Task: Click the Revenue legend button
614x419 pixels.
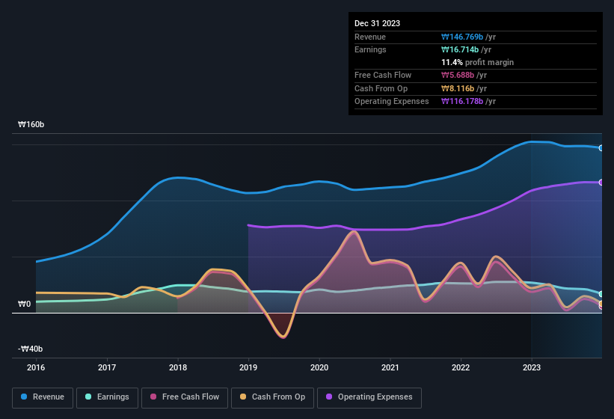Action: pos(43,397)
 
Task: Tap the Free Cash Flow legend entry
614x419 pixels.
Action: pos(185,397)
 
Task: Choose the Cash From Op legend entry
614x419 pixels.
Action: pos(273,397)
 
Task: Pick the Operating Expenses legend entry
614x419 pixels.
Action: pos(369,397)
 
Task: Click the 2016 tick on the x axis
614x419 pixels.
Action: pos(36,367)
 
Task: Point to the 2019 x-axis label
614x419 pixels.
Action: pos(248,367)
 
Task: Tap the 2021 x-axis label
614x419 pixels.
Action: pos(390,367)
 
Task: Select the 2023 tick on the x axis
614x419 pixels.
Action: pos(531,367)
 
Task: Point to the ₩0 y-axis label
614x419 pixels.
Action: pos(24,304)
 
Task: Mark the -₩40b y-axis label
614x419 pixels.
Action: pos(31,349)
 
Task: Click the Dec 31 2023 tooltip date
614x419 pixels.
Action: pos(377,23)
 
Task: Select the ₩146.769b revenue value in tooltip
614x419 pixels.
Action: pos(469,37)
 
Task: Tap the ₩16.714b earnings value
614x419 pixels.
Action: pos(467,49)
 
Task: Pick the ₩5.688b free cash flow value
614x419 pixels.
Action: pos(464,75)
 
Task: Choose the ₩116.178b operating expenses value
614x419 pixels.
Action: pos(469,101)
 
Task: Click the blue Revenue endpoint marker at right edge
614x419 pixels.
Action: pos(601,148)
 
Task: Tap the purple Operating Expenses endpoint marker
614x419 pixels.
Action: pos(601,183)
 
